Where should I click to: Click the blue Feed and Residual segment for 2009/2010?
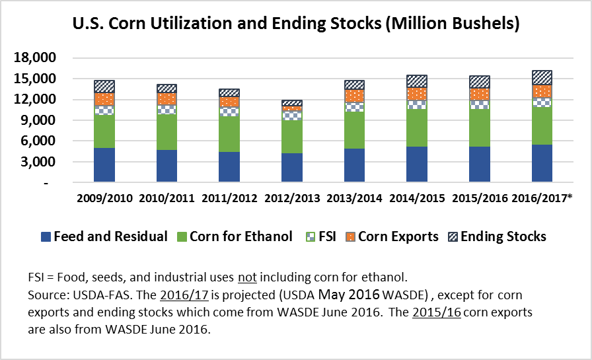pyautogui.click(x=104, y=165)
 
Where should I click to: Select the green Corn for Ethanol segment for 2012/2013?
pyautogui.click(x=292, y=136)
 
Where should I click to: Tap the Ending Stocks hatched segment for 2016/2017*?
pyautogui.click(x=542, y=77)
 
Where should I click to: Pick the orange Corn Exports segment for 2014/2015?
pyautogui.click(x=417, y=94)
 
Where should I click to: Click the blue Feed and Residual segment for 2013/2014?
pyautogui.click(x=354, y=165)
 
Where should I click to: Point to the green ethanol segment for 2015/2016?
pyautogui.click(x=479, y=127)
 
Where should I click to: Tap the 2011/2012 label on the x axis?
pyautogui.click(x=229, y=198)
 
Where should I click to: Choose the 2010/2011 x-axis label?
pyautogui.click(x=167, y=198)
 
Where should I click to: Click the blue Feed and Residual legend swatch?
pyautogui.click(x=46, y=236)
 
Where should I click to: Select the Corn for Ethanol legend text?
pyautogui.click(x=240, y=236)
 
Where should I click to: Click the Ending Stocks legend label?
pyautogui.click(x=503, y=236)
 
